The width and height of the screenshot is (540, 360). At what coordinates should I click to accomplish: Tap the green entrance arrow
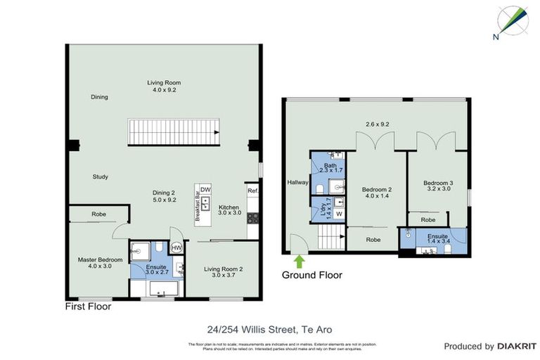coord(298,262)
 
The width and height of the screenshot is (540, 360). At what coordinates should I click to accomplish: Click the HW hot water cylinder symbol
coord(176,247)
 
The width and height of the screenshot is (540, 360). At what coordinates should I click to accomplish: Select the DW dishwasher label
coord(205,190)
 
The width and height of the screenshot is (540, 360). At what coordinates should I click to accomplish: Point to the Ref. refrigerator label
coord(253,190)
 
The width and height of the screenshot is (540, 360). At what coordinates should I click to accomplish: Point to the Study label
coord(100,176)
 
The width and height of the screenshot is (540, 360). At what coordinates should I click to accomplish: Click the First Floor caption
coord(88,307)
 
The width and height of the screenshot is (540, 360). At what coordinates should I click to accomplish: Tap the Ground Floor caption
coord(312,275)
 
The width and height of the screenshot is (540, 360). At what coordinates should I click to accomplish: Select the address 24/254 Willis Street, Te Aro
coord(270,328)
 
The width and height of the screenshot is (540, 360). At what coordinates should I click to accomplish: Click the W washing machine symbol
coord(338,213)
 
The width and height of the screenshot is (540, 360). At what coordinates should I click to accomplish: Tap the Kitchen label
coord(229,207)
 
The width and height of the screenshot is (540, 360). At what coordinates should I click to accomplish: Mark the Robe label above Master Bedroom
coord(98,215)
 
